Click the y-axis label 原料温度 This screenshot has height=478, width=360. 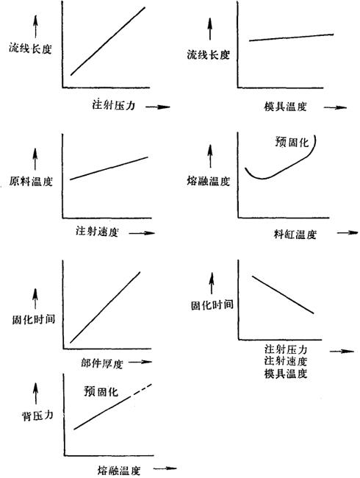pyautogui.click(x=31, y=182)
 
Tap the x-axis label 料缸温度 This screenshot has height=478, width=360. pyautogui.click(x=295, y=235)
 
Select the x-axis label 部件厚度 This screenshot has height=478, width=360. pyautogui.click(x=101, y=363)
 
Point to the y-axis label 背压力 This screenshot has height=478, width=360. pyautogui.click(x=37, y=415)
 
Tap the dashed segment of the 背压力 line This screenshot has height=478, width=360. pyautogui.click(x=140, y=390)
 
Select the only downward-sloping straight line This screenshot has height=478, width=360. pyautogui.click(x=283, y=294)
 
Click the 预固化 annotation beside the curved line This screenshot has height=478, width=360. pyautogui.click(x=292, y=142)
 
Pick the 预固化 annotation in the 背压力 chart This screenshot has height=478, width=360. pyautogui.click(x=101, y=391)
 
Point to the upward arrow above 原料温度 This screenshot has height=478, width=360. pyautogui.click(x=35, y=159)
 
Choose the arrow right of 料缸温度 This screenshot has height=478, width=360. pyautogui.click(x=348, y=232)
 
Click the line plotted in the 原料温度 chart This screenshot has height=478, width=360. pyautogui.click(x=109, y=168)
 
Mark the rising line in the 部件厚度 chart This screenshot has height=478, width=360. pyautogui.click(x=105, y=307)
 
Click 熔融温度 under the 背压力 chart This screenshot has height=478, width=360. pyautogui.click(x=119, y=471)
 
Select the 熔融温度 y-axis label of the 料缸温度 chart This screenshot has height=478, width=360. pyautogui.click(x=209, y=181)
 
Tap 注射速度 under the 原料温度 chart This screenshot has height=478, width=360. pyautogui.click(x=97, y=232)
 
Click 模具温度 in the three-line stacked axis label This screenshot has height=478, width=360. pyautogui.click(x=286, y=374)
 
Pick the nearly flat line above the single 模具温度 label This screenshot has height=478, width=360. pyautogui.click(x=292, y=38)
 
